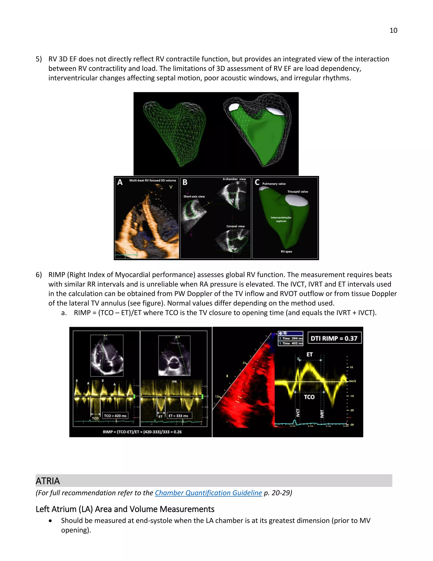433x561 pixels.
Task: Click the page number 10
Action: coord(393,30)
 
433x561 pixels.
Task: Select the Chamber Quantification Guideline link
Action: coord(208,493)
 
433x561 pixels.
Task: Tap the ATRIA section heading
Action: coord(48,481)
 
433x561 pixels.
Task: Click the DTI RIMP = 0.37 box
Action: coord(334,338)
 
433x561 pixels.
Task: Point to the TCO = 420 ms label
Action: coord(115,416)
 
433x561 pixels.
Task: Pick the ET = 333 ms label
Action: coord(178,416)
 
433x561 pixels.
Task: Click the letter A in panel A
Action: coord(120,182)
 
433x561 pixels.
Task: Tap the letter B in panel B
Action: coord(185,182)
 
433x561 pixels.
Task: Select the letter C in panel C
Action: coord(257,182)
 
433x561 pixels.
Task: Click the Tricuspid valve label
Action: coord(297,192)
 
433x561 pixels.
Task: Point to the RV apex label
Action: coord(286,251)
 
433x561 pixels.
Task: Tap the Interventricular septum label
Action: coord(281,219)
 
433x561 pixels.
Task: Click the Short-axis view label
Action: coord(194,196)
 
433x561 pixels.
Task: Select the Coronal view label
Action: coord(236,226)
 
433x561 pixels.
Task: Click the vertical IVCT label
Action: coord(298,413)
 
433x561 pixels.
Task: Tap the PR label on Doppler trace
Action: coord(174,382)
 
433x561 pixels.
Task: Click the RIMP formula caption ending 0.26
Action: coord(142,432)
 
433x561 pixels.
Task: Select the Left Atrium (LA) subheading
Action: coord(125,509)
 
